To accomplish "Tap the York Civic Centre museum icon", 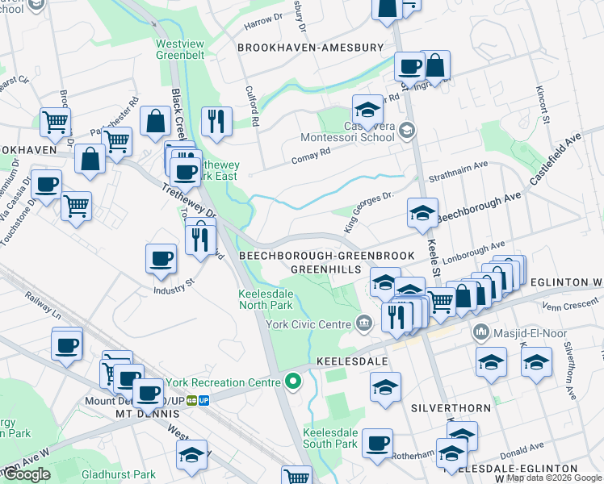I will point(364,323).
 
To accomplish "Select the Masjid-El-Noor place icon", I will point(481,332).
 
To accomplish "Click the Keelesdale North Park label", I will point(266,300).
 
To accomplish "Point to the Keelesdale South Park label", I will point(329,438).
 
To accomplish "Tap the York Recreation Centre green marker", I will point(292,381).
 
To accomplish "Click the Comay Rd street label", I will point(313,151).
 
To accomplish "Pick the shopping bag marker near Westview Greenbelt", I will point(155,122).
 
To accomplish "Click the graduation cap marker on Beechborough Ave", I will point(422,213).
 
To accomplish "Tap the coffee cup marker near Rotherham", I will point(377,443).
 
